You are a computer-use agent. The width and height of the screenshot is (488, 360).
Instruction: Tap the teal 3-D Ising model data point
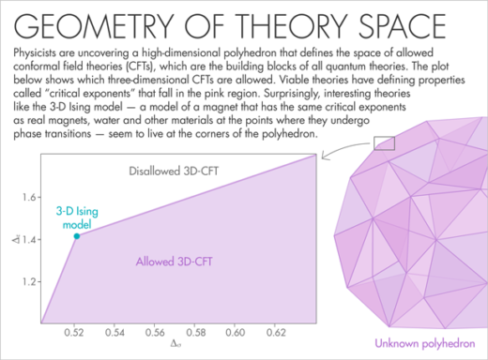76,236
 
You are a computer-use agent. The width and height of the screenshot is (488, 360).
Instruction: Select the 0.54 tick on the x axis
115,332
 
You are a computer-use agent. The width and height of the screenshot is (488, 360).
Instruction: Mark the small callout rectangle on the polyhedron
384,142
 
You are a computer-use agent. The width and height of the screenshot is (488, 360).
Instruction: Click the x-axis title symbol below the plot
175,347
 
